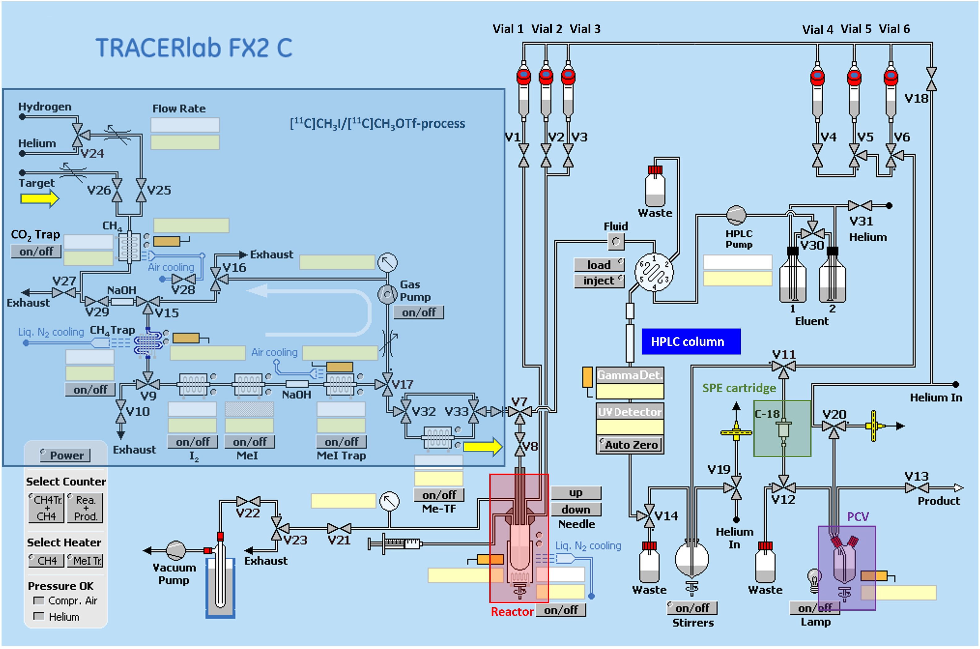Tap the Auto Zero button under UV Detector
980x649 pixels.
point(630,445)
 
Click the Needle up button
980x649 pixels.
point(576,492)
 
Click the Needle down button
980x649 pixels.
point(576,509)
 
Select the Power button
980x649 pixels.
point(65,455)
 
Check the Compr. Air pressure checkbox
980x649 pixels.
point(38,600)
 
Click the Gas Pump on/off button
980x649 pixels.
point(418,312)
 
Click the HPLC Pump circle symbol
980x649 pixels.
point(736,215)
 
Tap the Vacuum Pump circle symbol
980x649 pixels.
point(176,551)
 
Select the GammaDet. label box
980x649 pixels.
point(630,375)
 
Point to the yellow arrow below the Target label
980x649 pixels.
point(40,199)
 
